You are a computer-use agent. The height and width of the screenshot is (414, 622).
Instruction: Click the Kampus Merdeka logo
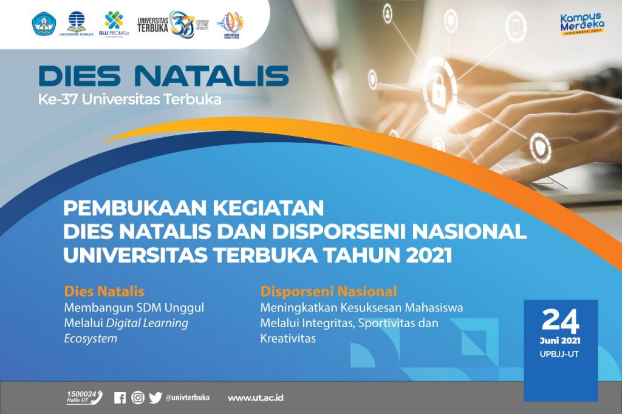pyautogui.click(x=581, y=25)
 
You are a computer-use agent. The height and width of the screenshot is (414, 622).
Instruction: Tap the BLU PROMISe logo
pyautogui.click(x=114, y=25)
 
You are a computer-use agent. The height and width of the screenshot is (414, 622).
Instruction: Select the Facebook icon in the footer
pyautogui.click(x=120, y=398)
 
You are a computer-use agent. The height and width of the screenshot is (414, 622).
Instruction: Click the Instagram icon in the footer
pyautogui.click(x=138, y=398)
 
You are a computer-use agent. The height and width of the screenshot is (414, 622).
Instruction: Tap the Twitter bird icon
pyautogui.click(x=155, y=398)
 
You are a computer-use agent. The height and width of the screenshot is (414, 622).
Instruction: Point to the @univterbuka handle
pyautogui.click(x=188, y=398)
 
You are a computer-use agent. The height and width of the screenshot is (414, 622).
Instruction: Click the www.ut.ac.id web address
pyautogui.click(x=256, y=398)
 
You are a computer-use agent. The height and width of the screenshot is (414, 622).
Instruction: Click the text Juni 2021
pyautogui.click(x=560, y=341)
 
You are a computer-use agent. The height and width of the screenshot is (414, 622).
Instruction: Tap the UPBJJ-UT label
pyautogui.click(x=560, y=354)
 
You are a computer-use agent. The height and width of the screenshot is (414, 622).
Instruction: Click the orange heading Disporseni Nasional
pyautogui.click(x=329, y=290)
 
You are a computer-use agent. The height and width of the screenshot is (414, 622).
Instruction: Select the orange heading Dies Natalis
pyautogui.click(x=104, y=290)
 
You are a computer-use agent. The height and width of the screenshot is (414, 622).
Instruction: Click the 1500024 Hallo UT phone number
pyautogui.click(x=84, y=398)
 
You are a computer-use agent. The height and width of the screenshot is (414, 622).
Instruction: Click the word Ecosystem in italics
pyautogui.click(x=91, y=339)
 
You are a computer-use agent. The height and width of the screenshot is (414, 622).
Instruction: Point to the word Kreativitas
pyautogui.click(x=288, y=339)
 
